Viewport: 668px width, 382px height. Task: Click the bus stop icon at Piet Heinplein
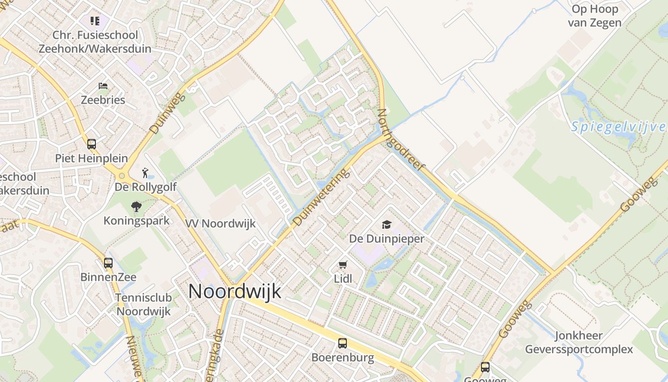[91, 144]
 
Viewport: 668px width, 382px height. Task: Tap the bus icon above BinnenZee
[108, 263]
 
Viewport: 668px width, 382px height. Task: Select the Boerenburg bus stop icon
[343, 343]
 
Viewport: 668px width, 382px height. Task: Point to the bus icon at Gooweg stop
[485, 367]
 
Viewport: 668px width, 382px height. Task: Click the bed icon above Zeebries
[103, 86]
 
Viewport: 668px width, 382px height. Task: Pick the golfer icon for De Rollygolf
[146, 172]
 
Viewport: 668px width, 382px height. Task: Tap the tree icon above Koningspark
[136, 207]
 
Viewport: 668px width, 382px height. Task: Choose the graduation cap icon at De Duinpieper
[386, 224]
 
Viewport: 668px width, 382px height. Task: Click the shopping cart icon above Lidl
[343, 265]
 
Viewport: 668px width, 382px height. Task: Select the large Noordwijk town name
[235, 291]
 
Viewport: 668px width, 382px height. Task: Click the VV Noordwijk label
[220, 223]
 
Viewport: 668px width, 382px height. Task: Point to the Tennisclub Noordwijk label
[144, 304]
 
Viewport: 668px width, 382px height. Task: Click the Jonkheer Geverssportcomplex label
[579, 342]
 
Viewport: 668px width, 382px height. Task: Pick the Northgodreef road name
[400, 140]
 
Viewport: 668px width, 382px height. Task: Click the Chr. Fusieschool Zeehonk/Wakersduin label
[95, 42]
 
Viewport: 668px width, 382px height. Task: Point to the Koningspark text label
[136, 221]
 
